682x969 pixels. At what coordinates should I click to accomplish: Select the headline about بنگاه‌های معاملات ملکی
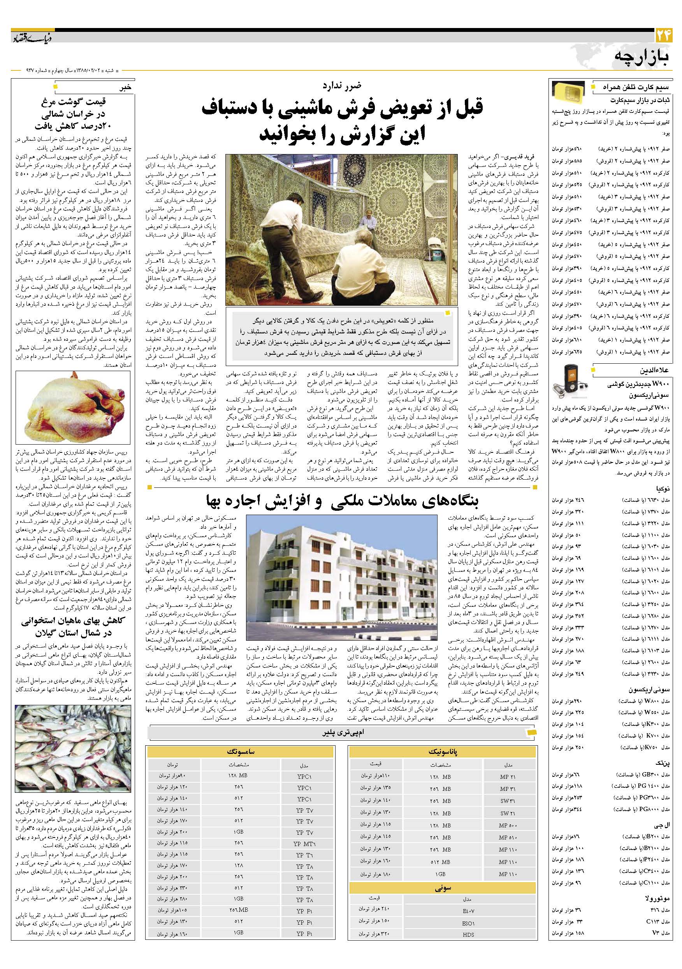342,501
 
